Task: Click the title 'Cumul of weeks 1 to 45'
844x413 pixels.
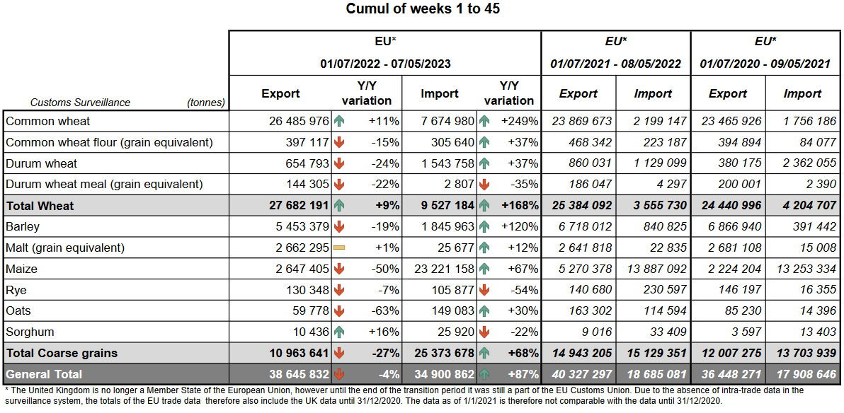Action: point(423,9)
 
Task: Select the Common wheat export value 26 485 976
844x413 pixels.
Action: point(299,122)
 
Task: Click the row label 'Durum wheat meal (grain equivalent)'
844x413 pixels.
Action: point(104,185)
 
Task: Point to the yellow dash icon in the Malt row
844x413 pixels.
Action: point(339,248)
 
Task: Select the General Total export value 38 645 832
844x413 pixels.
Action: point(299,374)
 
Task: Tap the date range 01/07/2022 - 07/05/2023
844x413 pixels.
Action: point(385,64)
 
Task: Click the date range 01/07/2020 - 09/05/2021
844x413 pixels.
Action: point(765,64)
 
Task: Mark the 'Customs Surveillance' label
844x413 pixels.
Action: point(80,103)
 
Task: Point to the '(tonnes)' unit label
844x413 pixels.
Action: point(206,103)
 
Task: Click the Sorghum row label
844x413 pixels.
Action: point(30,332)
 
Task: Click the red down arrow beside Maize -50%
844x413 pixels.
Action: point(339,269)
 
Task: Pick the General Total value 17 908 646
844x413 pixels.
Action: point(802,374)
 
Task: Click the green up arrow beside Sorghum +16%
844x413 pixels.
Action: point(339,332)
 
